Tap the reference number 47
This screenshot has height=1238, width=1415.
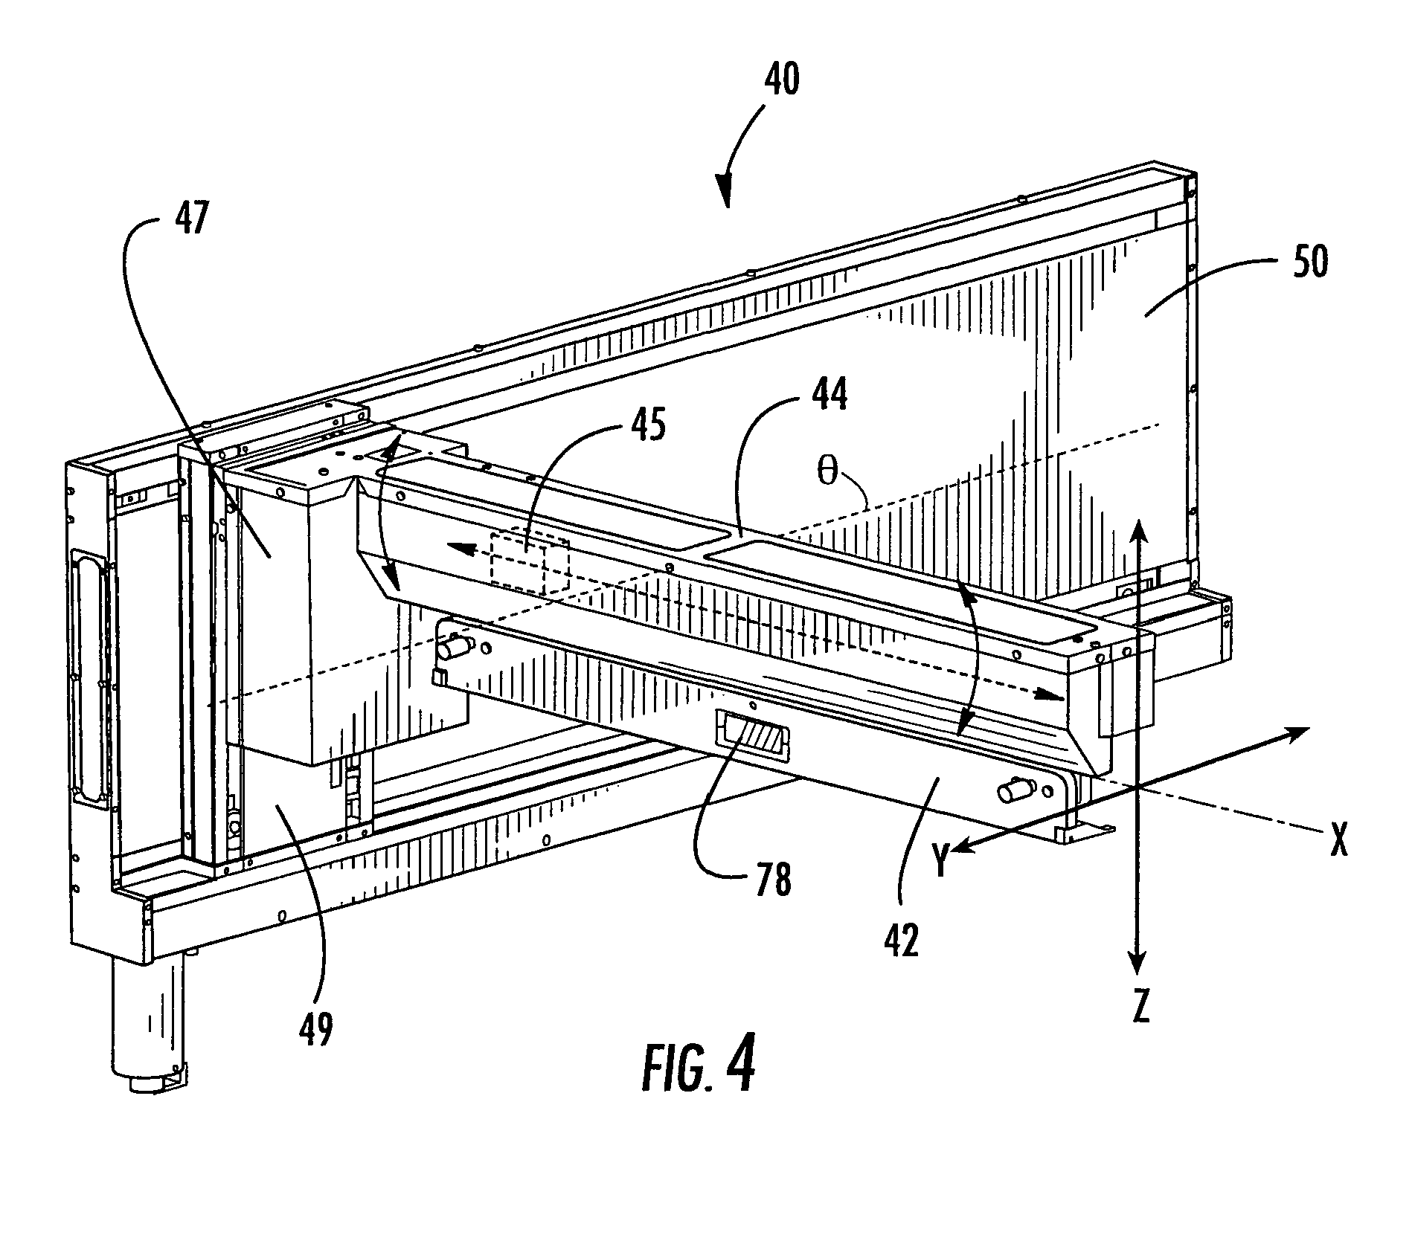(x=192, y=221)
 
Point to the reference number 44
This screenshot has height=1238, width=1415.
(x=828, y=394)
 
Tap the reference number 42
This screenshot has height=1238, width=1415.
(x=902, y=939)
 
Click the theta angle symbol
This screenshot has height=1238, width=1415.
(x=828, y=474)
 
